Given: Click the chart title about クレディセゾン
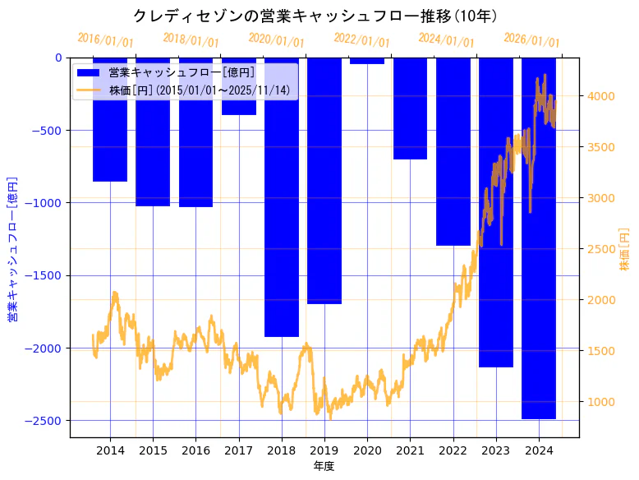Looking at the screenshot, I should click(319, 16).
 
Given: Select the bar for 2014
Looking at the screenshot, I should click(110, 119).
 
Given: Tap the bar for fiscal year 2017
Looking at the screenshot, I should click(238, 86).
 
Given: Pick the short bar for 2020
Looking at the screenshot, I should click(367, 61).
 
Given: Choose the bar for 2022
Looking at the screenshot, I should click(453, 152).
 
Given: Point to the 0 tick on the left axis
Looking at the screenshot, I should click(58, 58).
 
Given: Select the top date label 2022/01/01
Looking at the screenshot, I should click(362, 40).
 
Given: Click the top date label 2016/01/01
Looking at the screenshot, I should click(106, 40).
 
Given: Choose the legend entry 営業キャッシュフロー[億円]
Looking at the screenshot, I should click(182, 72).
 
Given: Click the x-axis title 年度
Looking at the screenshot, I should click(324, 466).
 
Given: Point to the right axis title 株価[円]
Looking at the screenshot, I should click(624, 250).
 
